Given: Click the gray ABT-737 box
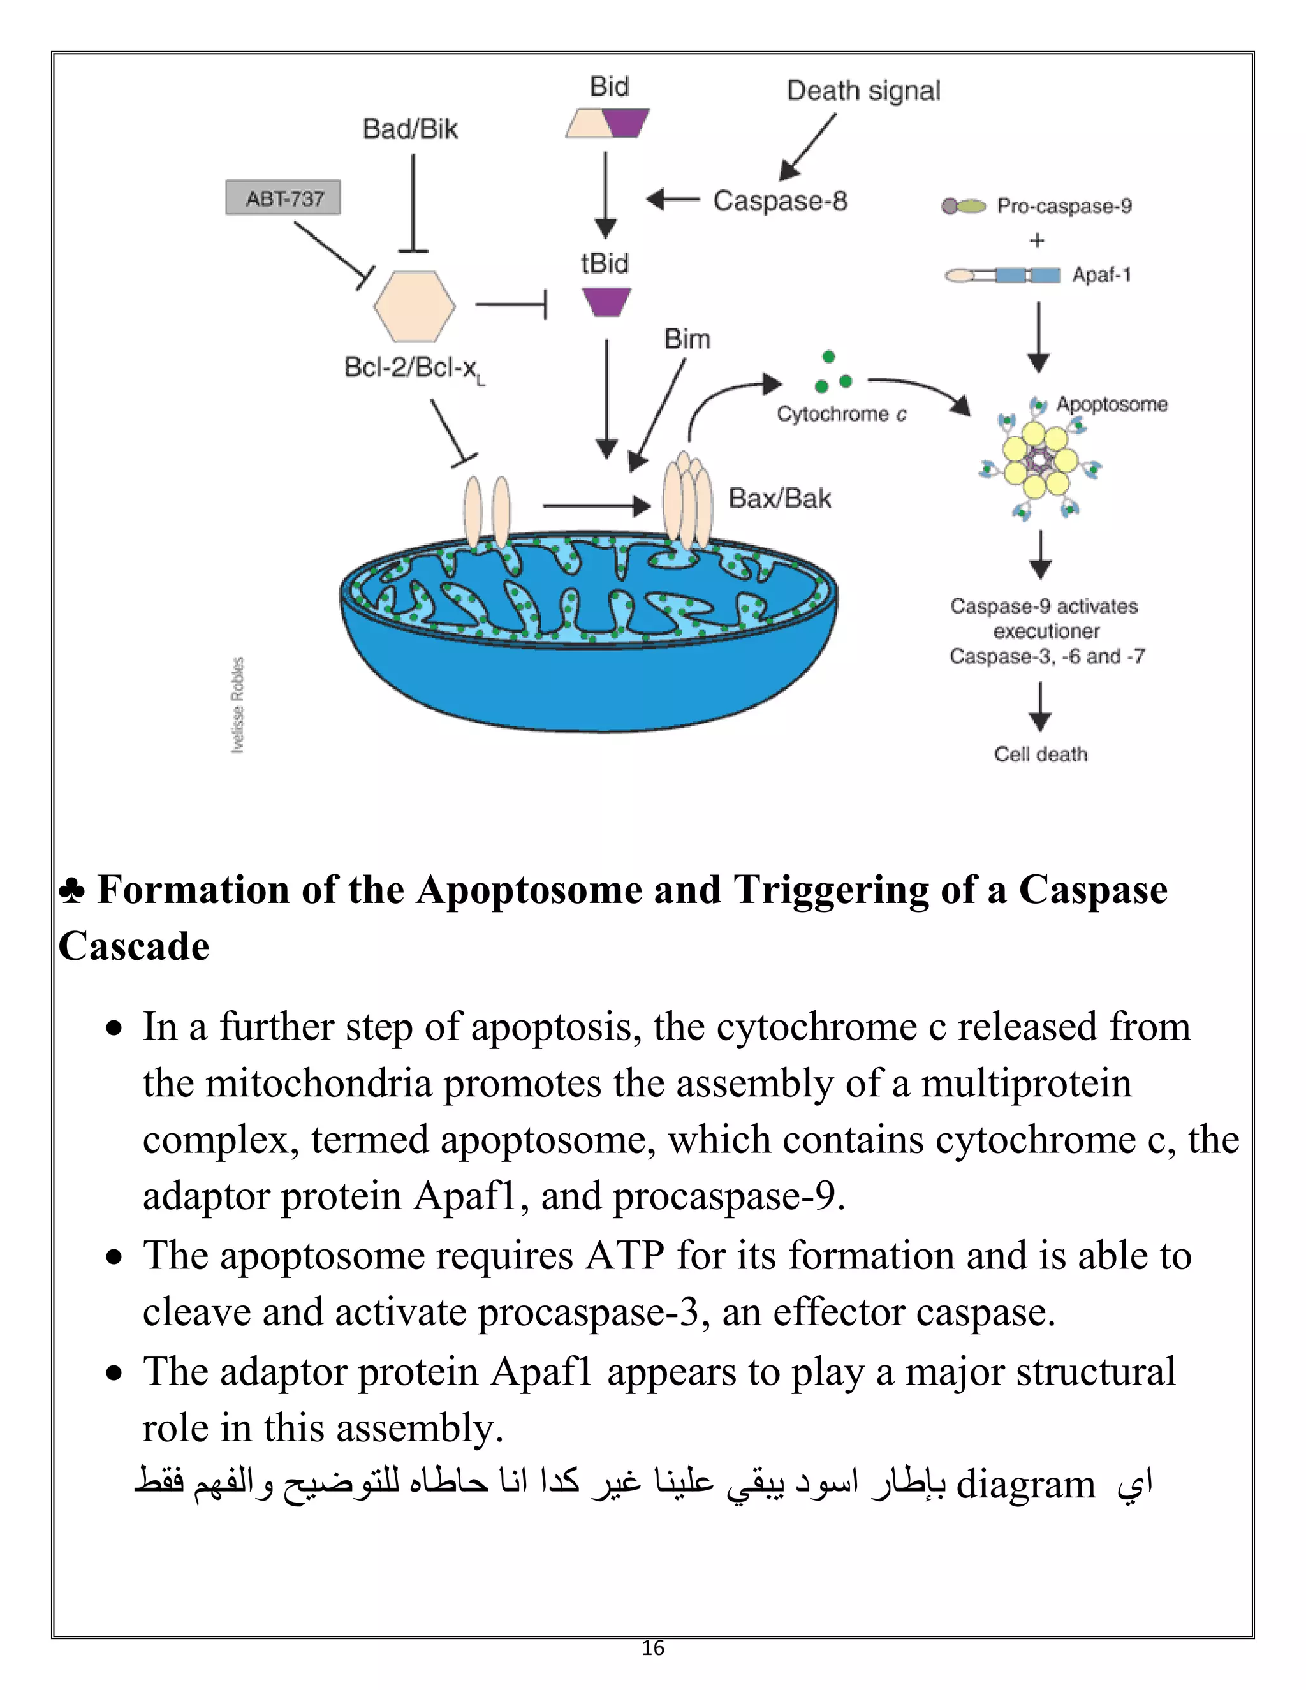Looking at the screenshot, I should pos(282,198).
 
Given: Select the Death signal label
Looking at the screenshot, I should pos(863,91).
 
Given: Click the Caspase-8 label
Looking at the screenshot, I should pos(780,200).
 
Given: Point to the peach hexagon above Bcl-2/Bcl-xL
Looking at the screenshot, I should pos(414,305).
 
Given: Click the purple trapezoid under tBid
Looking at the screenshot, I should pos(606,302).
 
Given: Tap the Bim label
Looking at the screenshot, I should pos(687,339).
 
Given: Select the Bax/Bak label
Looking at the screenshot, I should pos(780,498).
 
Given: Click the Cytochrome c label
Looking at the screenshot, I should pos(841,414).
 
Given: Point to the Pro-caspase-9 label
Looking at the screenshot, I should pos(1064,206).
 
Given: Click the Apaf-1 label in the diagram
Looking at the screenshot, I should pos(1101,275).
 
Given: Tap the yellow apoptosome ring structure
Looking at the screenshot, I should pos(1039,461).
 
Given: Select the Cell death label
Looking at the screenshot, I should pos(1041,754).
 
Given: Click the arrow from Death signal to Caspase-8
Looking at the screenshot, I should pos(808,147).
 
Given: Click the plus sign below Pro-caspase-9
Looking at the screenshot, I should pos(1037,240).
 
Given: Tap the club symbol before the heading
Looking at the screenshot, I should pos(72,892).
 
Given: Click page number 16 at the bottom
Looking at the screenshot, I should pos(652,1648).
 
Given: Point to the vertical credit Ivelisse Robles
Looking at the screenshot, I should pos(238,704).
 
